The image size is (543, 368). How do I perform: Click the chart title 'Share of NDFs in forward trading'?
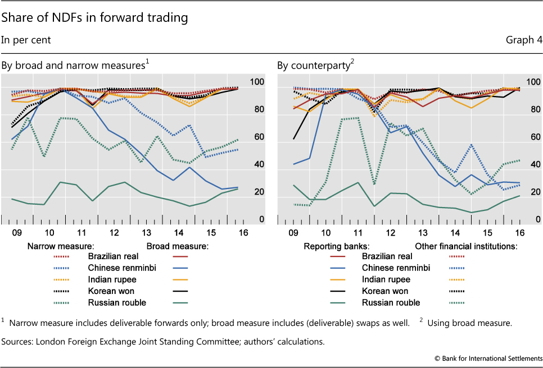click(94, 18)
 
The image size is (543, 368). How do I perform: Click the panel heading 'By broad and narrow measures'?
click(73, 66)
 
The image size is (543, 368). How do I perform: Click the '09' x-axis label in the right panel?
click(293, 232)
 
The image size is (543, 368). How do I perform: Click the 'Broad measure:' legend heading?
click(178, 245)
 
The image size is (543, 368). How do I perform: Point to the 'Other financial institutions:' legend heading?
click(466, 245)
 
